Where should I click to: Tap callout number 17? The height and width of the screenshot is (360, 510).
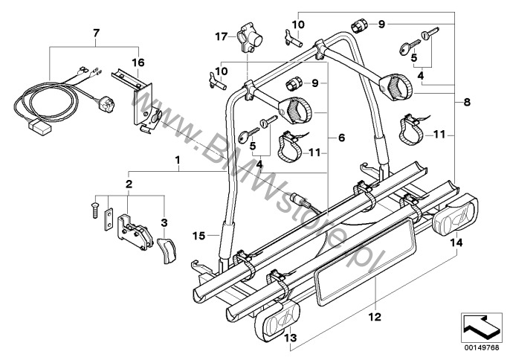(x=220, y=36)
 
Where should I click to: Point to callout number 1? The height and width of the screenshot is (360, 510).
(x=177, y=160)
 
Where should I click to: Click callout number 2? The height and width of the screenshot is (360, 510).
(x=128, y=184)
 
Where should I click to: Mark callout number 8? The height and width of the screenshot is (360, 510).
(x=467, y=100)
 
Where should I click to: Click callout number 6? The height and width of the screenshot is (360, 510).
(x=342, y=138)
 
